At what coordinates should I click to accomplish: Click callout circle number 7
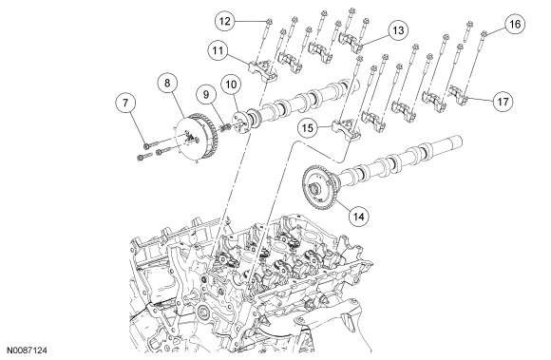[x=125, y=103]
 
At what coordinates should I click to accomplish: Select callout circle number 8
[x=167, y=83]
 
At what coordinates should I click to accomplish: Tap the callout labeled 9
[x=206, y=94]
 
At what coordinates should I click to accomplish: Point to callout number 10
[x=231, y=85]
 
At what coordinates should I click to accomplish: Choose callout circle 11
[x=218, y=50]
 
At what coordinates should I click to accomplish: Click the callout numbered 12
[x=225, y=22]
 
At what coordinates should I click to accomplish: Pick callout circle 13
[x=398, y=30]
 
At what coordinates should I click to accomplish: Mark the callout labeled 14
[x=359, y=217]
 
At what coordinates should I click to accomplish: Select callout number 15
[x=308, y=128]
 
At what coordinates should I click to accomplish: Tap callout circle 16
[x=515, y=24]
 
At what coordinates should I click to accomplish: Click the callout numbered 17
[x=503, y=102]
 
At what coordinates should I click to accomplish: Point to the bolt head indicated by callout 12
[x=269, y=22]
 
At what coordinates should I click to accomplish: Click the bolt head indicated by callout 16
[x=484, y=33]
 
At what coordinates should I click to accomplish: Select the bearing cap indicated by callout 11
[x=262, y=69]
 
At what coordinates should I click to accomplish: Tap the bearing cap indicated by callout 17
[x=459, y=94]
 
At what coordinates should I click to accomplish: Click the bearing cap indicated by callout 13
[x=351, y=42]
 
